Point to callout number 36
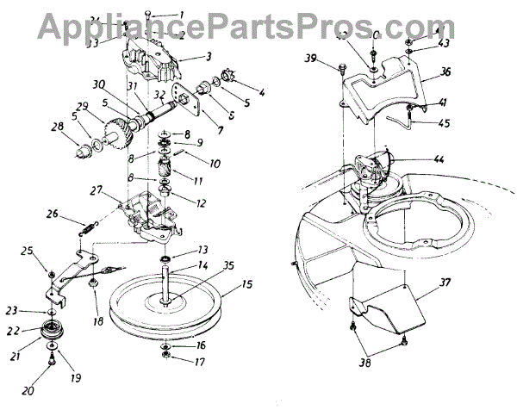pyautogui.click(x=445, y=72)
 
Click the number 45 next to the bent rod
pyautogui.click(x=445, y=123)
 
